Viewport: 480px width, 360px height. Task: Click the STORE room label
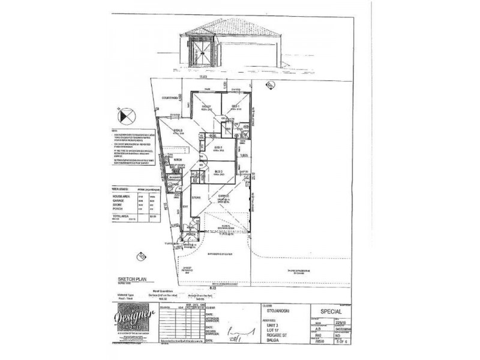(196, 197)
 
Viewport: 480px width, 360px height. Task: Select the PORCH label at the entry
(192, 235)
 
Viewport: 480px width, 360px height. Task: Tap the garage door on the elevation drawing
(253, 55)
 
